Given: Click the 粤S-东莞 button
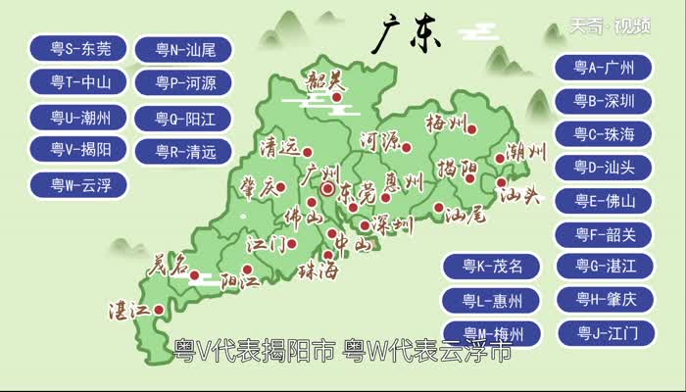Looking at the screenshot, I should click(x=80, y=47).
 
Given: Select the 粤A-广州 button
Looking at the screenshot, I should click(x=603, y=67).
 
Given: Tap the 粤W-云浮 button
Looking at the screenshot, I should click(x=80, y=183).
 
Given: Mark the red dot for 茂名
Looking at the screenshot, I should click(x=194, y=275).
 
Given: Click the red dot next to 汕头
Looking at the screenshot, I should click(x=502, y=182).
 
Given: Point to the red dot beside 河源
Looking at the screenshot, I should click(x=407, y=148).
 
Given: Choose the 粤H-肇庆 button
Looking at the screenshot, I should click(x=603, y=299).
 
